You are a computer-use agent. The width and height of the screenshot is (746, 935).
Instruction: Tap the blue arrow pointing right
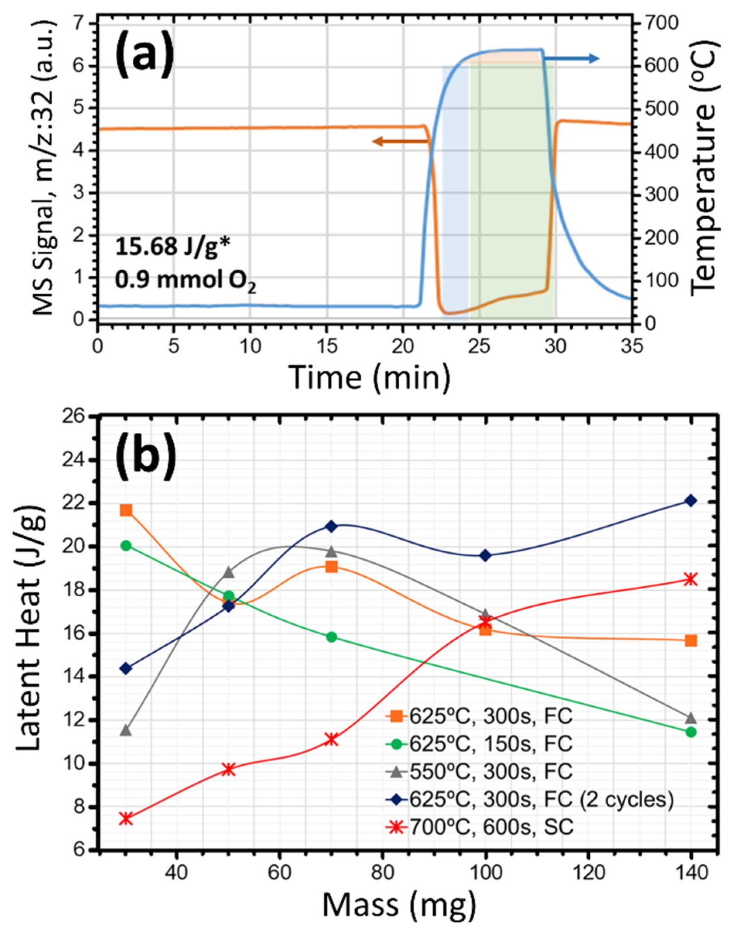coord(571,58)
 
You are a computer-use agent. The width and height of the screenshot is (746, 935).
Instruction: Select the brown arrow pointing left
coord(400,141)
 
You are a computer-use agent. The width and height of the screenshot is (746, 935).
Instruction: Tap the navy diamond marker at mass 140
coord(691,500)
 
